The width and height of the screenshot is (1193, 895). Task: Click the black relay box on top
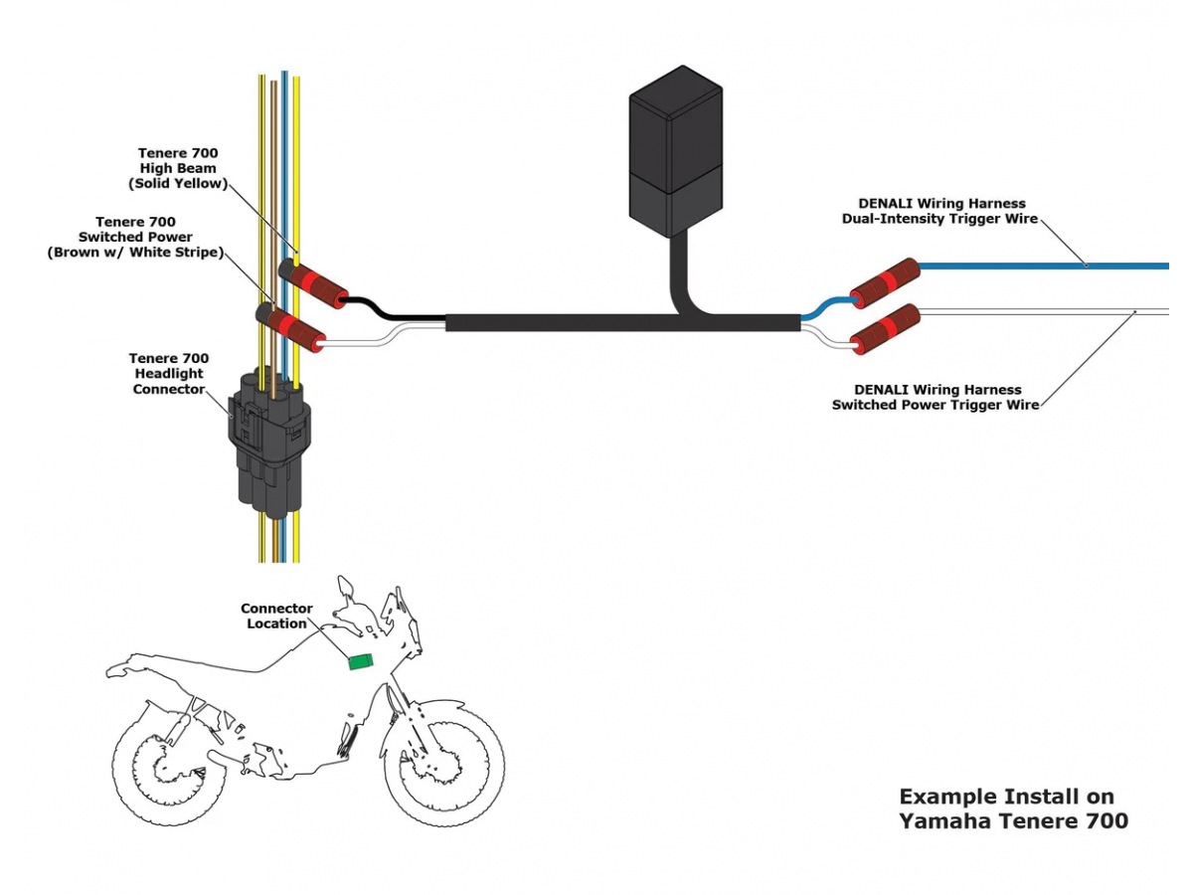[675, 149]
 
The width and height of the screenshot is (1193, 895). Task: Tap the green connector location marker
[360, 660]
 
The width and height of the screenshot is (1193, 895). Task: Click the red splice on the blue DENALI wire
[884, 282]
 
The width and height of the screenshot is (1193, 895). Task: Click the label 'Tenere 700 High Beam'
[178, 161]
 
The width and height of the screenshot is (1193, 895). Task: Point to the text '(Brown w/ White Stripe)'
[135, 253]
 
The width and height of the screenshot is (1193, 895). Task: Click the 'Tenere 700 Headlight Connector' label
[169, 373]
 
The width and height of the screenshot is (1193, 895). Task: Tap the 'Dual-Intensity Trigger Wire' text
[940, 219]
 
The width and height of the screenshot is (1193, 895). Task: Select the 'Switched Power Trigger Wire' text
[936, 405]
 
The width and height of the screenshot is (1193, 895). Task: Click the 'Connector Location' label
[276, 616]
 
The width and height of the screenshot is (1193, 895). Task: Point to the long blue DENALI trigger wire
[1044, 266]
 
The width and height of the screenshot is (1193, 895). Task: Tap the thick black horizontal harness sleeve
[596, 323]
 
